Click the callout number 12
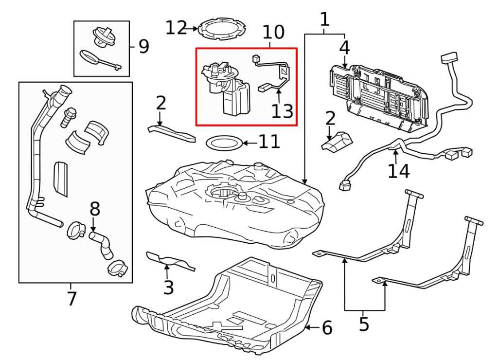click(x=176, y=28)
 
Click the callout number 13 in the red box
click(x=283, y=111)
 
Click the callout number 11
click(x=269, y=142)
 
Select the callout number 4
click(x=344, y=48)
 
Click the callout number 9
click(x=143, y=47)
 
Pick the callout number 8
click(x=95, y=209)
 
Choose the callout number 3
click(x=168, y=288)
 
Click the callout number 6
click(x=327, y=328)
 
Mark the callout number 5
click(x=364, y=324)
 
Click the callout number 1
click(x=324, y=19)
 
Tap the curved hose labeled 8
click(x=101, y=243)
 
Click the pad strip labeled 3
click(x=171, y=261)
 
